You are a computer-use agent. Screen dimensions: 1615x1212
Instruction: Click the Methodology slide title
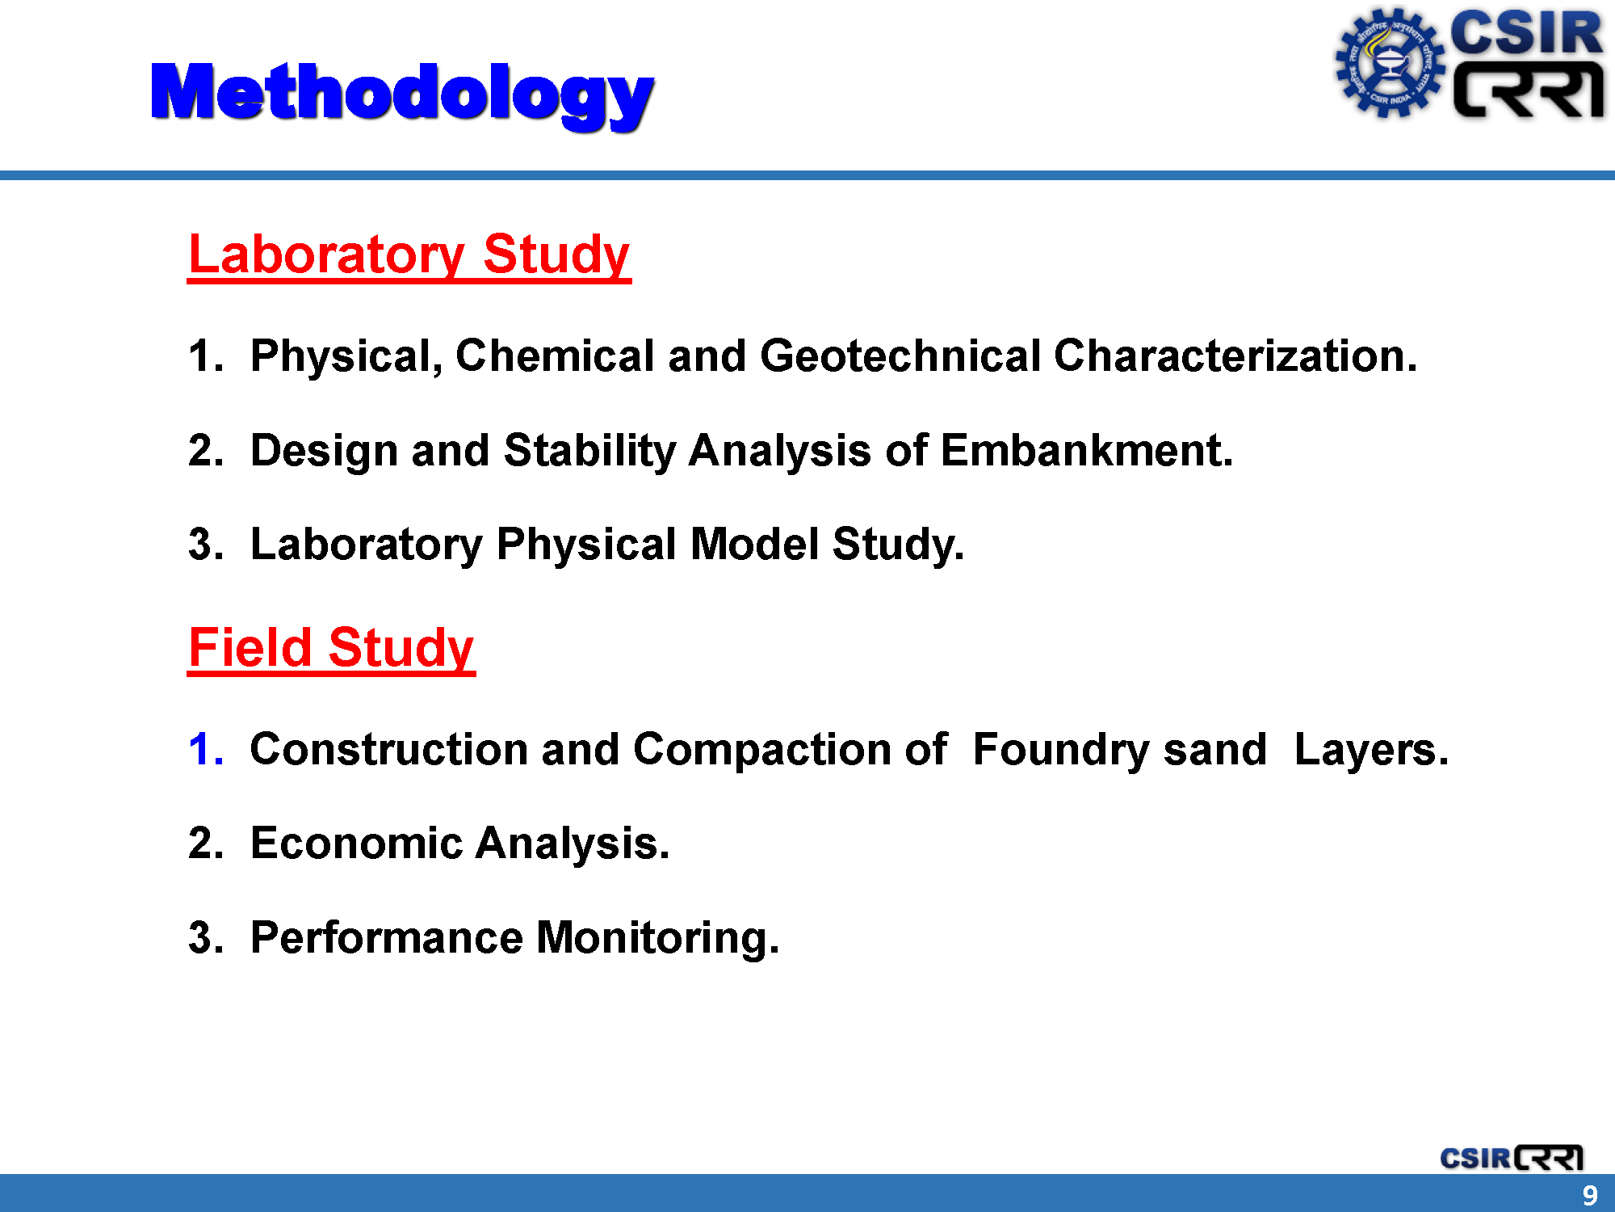point(402,95)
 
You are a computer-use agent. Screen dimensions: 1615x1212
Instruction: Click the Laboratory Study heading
point(409,256)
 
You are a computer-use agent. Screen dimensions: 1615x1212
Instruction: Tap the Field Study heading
point(331,649)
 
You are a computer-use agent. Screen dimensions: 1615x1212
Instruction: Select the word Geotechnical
point(900,356)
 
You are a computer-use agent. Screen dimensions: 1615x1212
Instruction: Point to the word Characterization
point(1235,356)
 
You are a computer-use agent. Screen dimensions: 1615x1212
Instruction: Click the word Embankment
point(1087,450)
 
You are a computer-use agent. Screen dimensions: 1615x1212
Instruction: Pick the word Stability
point(590,452)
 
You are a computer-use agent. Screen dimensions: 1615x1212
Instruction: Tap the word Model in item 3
point(755,544)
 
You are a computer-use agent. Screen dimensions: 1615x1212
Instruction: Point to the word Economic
point(356,844)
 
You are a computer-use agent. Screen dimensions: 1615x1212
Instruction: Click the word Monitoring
point(658,939)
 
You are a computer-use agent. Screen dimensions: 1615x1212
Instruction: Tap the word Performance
point(387,937)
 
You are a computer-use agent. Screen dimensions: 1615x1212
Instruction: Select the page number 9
point(1590,1195)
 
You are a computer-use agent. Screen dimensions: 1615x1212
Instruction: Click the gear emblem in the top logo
point(1389,63)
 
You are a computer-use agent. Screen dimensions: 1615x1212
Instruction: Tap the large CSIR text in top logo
point(1526,34)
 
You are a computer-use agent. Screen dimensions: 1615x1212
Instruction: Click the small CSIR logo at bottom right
point(1511,1158)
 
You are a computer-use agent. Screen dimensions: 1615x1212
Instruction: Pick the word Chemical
point(555,356)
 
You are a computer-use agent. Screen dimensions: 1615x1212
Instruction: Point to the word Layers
point(1371,751)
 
